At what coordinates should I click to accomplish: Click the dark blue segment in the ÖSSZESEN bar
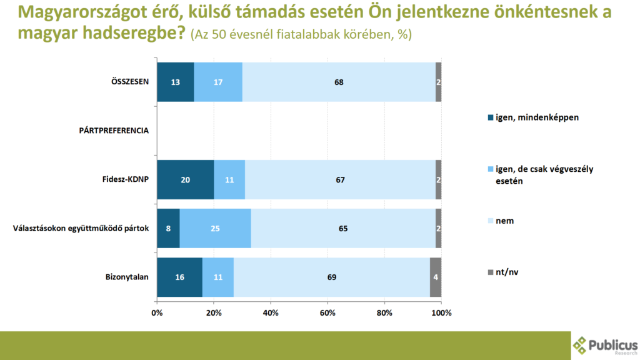pos(175,82)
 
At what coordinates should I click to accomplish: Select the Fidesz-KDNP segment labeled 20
pos(185,179)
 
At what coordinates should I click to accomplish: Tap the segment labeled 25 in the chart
pos(215,228)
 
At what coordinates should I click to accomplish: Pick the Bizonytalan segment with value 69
pos(332,277)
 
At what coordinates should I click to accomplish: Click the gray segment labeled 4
pos(436,277)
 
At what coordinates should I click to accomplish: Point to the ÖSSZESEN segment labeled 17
pos(218,82)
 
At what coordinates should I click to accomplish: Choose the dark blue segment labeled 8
pos(168,228)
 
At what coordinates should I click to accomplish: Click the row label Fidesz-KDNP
pos(125,180)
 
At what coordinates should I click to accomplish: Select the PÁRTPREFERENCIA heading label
pos(114,131)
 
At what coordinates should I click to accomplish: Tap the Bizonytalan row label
pos(127,277)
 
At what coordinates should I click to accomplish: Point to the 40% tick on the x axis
pos(271,312)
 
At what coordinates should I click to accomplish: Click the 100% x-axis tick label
pos(441,312)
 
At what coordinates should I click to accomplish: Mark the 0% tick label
pos(157,312)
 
